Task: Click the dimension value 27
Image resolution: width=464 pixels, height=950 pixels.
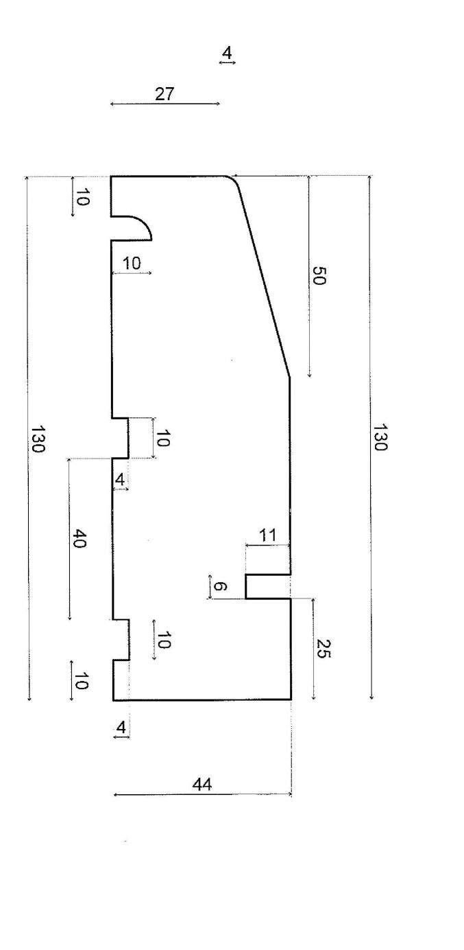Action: point(164,94)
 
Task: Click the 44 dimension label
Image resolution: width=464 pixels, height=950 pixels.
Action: point(202,785)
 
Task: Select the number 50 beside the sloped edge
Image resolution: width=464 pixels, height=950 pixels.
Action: point(319,276)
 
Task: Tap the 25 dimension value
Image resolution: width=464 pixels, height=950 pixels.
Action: point(322,648)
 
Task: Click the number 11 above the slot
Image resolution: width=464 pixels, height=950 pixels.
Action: point(267,535)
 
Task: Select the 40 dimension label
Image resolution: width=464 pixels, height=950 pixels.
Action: point(79,539)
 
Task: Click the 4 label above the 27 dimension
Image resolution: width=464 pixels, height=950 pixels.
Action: point(228,54)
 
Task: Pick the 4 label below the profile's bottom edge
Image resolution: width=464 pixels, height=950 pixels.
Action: point(121,728)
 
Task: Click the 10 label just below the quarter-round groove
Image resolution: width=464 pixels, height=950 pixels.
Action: point(132,264)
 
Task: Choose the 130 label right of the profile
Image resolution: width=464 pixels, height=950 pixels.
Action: point(379,437)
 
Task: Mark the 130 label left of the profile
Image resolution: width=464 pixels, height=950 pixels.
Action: point(38,439)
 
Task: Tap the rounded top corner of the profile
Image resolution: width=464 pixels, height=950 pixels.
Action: point(234,181)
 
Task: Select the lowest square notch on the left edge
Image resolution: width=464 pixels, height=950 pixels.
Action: point(121,640)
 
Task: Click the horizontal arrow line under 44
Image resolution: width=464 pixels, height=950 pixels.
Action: point(203,795)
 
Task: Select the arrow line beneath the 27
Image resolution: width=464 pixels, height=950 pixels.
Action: point(164,104)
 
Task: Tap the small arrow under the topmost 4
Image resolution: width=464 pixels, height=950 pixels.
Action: point(228,62)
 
